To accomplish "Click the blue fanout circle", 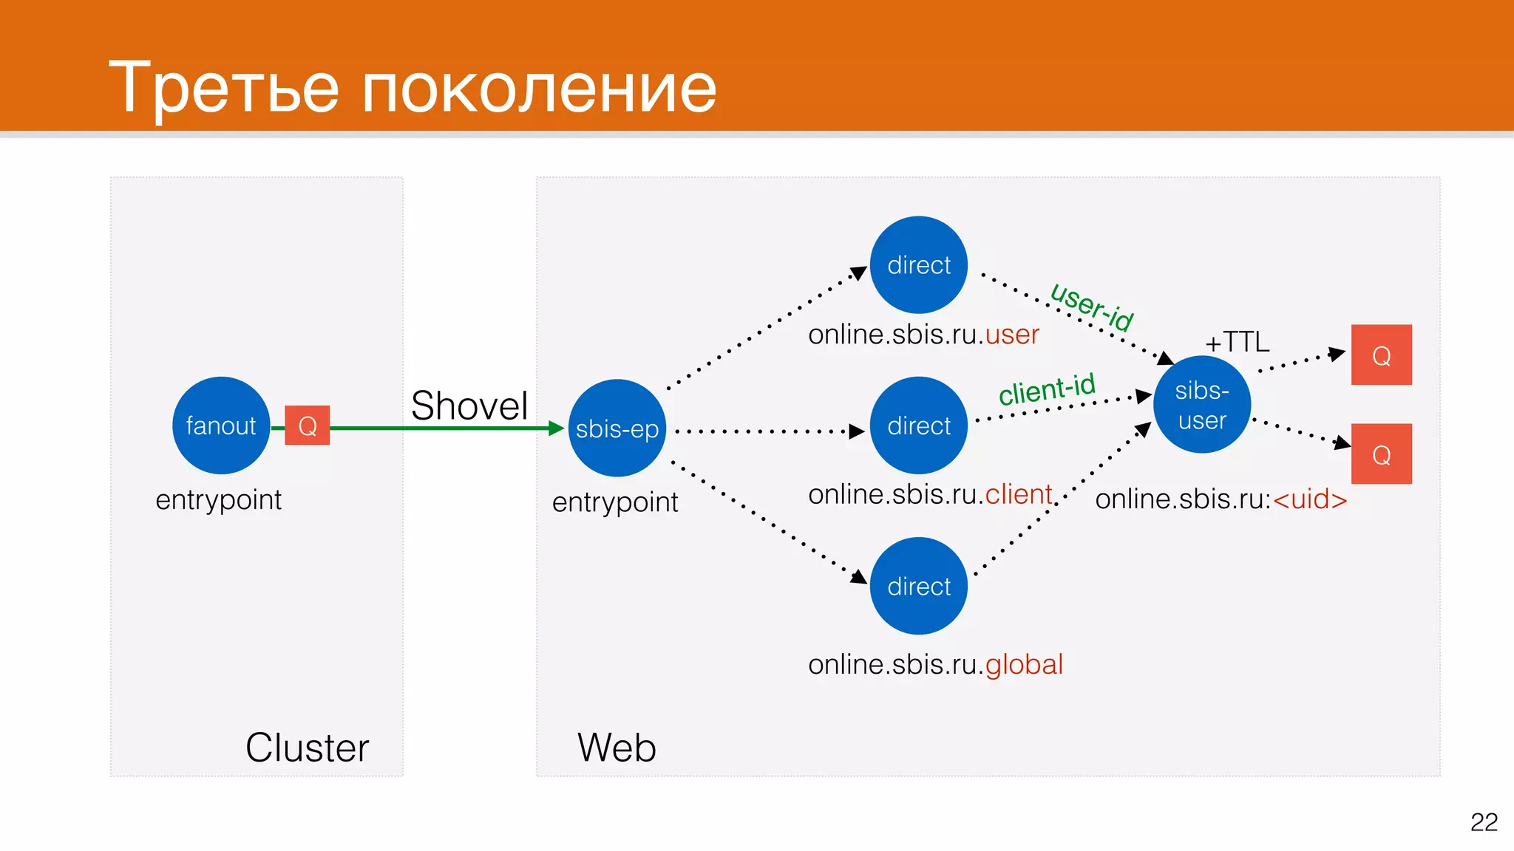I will pyautogui.click(x=221, y=425).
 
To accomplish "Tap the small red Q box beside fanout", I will pyautogui.click(x=307, y=425).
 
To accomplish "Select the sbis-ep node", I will pyautogui.click(x=617, y=428).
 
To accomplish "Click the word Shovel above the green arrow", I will pyautogui.click(x=469, y=406).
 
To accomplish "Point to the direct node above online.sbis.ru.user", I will pyautogui.click(x=919, y=264).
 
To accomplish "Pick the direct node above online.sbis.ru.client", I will pyautogui.click(x=919, y=425).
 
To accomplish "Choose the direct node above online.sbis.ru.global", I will pyautogui.click(x=919, y=586).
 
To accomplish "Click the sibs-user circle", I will pyautogui.click(x=1202, y=405).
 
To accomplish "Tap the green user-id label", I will pyautogui.click(x=1092, y=307).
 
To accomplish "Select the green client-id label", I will pyautogui.click(x=1047, y=389).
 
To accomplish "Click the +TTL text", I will pyautogui.click(x=1237, y=342).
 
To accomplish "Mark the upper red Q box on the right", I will pyautogui.click(x=1381, y=355).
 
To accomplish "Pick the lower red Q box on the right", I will pyautogui.click(x=1381, y=454).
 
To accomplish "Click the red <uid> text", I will pyautogui.click(x=1310, y=499).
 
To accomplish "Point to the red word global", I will pyautogui.click(x=1024, y=665).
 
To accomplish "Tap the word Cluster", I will pyautogui.click(x=307, y=748).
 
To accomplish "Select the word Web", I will pyautogui.click(x=617, y=748).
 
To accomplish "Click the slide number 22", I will pyautogui.click(x=1484, y=822).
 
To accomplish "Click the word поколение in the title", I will pyautogui.click(x=539, y=89).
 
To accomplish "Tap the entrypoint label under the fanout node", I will pyautogui.click(x=219, y=500).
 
